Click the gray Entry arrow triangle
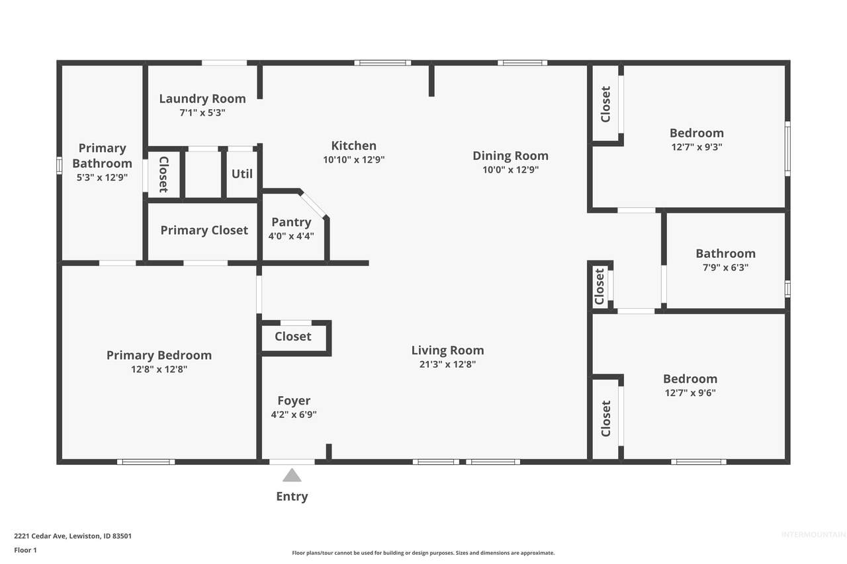pos(292,475)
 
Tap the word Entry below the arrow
pos(292,497)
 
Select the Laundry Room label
pos(202,99)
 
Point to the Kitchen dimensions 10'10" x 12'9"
pos(353,159)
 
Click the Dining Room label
pos(510,155)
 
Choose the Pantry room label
pos(291,222)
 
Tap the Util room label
pos(242,174)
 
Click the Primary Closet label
pos(204,230)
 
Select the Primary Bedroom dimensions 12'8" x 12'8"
pos(159,369)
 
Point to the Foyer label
pos(294,401)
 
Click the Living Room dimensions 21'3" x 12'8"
pos(448,364)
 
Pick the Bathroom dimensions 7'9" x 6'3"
pos(726,268)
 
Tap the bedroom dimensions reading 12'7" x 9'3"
pos(697,147)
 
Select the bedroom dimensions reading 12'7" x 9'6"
pos(690,393)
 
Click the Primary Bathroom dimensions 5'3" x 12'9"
pos(102,177)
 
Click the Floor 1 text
pos(25,550)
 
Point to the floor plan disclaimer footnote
pos(423,553)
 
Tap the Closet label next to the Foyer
pos(292,336)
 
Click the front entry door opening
pos(292,462)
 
